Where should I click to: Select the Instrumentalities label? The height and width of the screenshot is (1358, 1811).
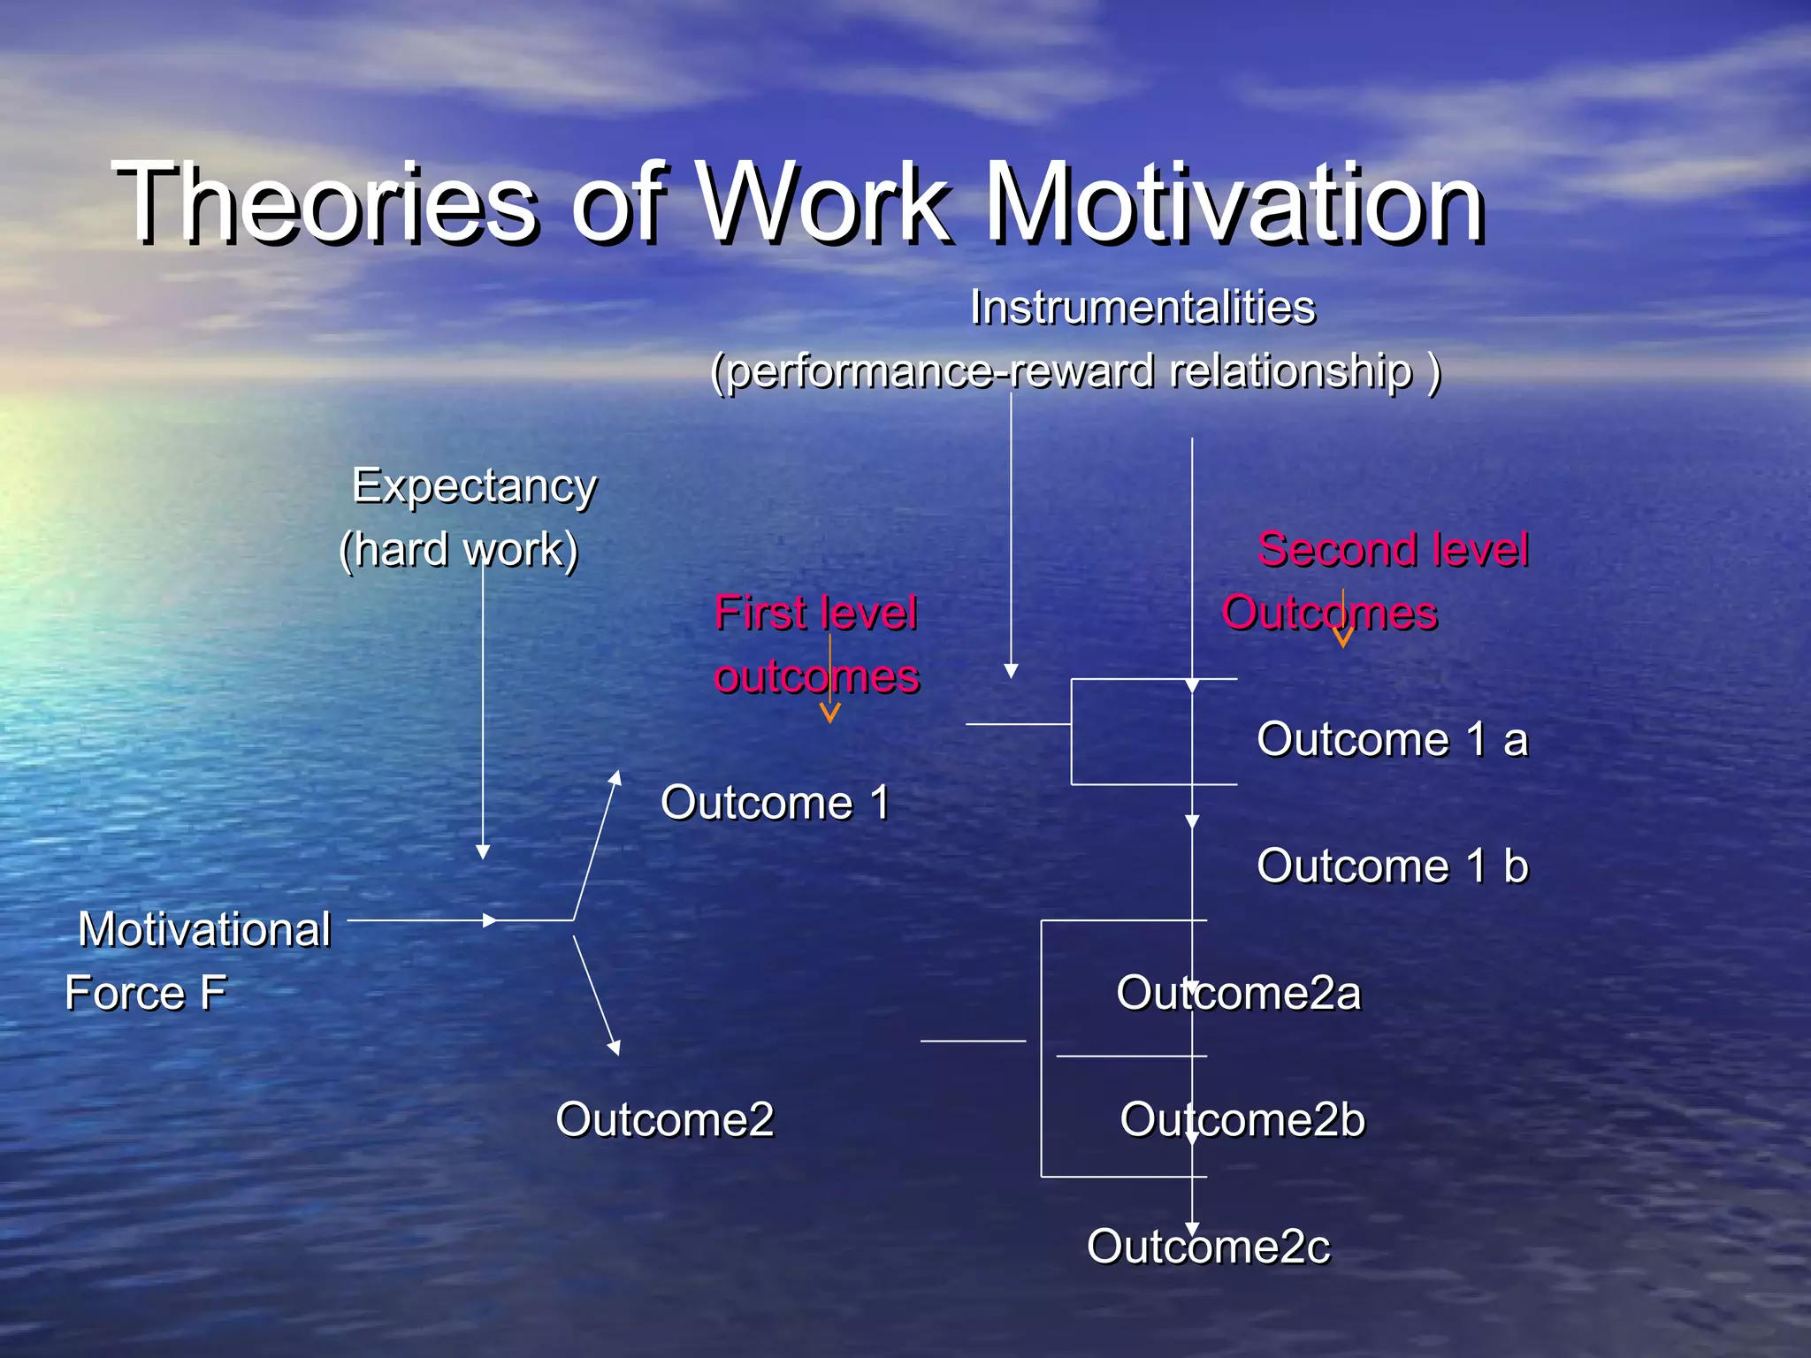click(1142, 309)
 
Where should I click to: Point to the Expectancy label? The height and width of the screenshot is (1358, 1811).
click(475, 486)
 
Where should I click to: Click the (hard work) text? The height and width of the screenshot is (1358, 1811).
click(459, 550)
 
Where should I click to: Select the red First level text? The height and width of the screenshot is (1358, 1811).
click(815, 614)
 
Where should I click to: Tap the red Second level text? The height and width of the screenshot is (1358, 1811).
click(1393, 550)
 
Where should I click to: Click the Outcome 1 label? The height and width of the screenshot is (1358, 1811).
click(775, 803)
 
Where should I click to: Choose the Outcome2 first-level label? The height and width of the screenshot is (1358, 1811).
click(664, 1119)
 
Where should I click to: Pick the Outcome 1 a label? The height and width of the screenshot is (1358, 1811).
click(1392, 739)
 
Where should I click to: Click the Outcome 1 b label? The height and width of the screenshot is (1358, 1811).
click(1392, 866)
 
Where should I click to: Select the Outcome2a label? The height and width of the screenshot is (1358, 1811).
click(1238, 993)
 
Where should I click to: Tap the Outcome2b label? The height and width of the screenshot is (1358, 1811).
click(1242, 1119)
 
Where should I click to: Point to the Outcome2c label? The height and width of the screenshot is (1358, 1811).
click(1208, 1247)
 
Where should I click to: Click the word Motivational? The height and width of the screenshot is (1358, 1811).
click(204, 930)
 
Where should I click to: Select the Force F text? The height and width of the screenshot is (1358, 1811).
click(146, 993)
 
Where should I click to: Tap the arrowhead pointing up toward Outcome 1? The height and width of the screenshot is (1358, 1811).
click(615, 777)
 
